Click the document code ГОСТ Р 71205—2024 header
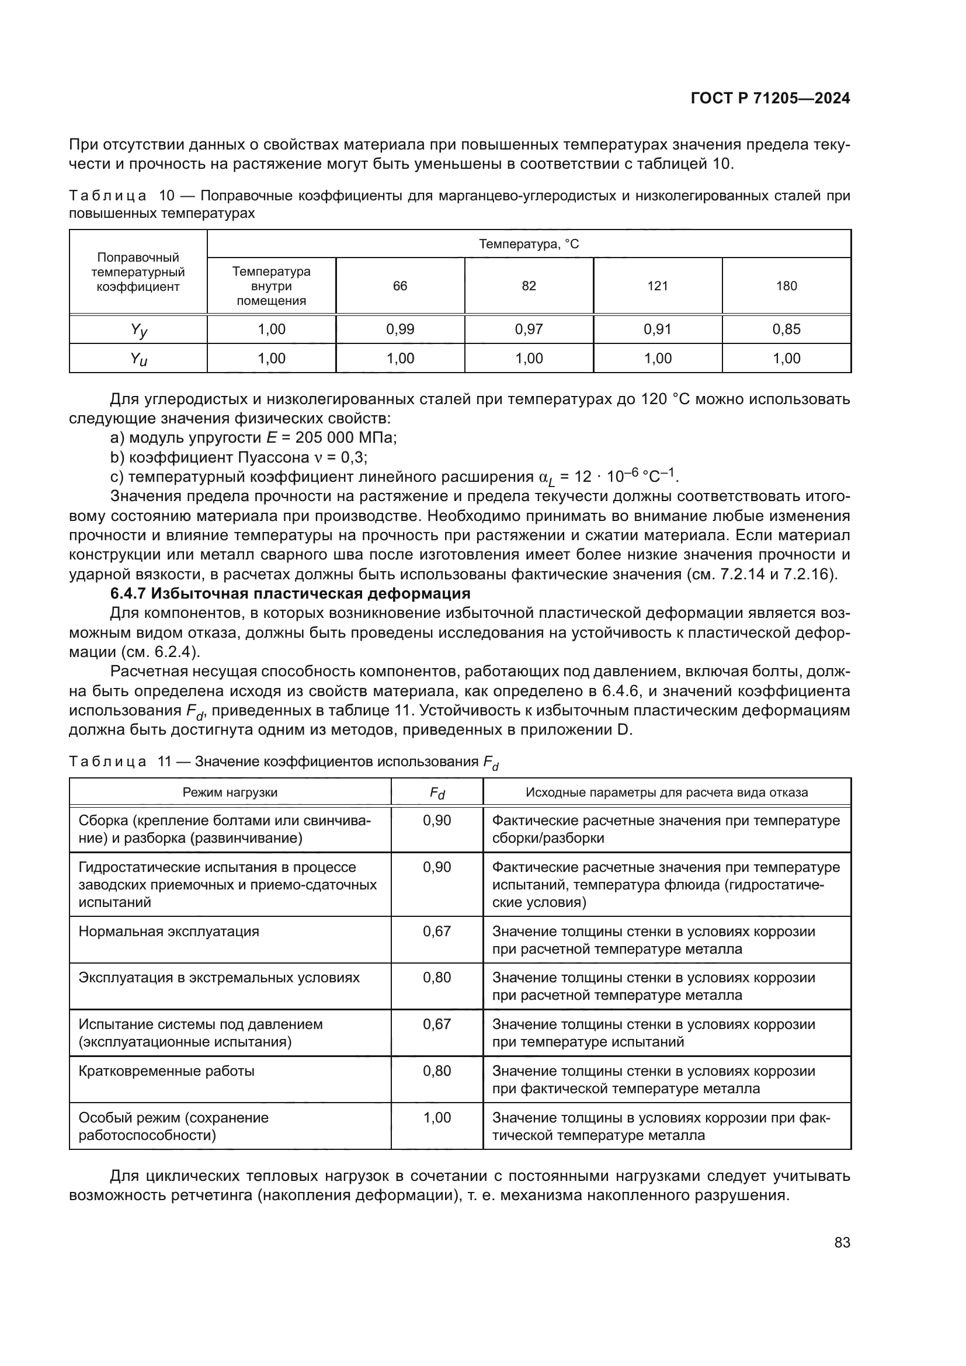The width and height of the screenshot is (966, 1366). (x=770, y=99)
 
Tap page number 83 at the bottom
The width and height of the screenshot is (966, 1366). (x=842, y=1242)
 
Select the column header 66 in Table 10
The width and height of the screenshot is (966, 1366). (x=399, y=286)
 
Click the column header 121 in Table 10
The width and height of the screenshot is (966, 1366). (x=657, y=286)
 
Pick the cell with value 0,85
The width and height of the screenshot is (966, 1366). (x=786, y=329)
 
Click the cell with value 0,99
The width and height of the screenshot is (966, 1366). (x=399, y=329)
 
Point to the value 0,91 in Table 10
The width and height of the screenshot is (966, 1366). (x=657, y=329)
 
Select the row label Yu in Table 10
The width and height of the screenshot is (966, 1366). (x=138, y=359)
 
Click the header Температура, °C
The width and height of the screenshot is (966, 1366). (x=528, y=244)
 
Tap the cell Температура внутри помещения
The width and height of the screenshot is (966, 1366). (x=271, y=286)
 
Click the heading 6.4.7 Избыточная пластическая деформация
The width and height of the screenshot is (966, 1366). (x=290, y=594)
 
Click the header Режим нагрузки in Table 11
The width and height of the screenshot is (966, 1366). (x=230, y=793)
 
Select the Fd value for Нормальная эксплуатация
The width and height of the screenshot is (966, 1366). (x=437, y=931)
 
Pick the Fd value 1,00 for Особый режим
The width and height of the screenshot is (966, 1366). (x=437, y=1118)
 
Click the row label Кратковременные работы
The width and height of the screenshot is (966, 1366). (x=166, y=1072)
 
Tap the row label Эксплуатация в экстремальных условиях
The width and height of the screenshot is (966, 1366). (x=219, y=978)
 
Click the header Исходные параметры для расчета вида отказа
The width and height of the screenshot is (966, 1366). (x=666, y=793)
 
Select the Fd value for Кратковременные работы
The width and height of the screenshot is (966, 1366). (x=437, y=1072)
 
